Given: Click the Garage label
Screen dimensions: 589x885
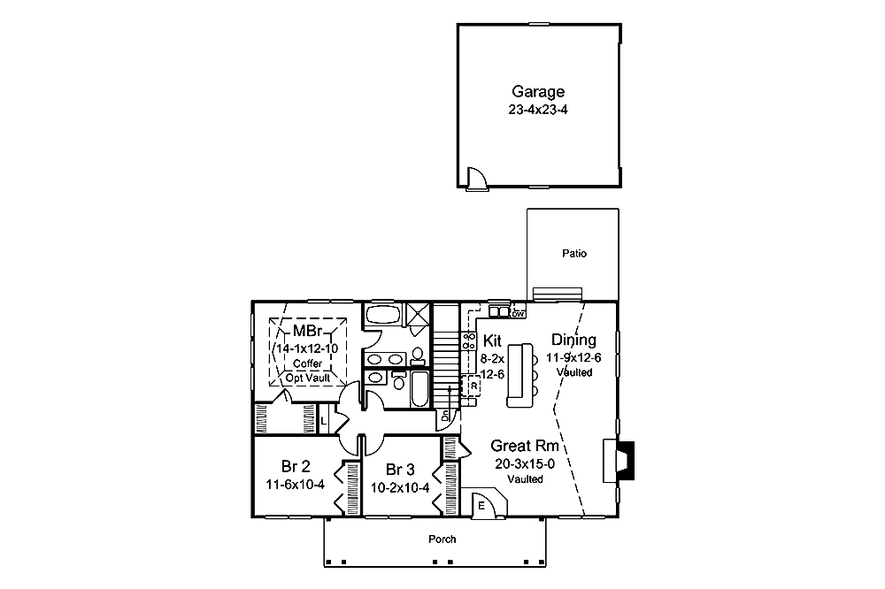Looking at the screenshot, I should click(x=538, y=91).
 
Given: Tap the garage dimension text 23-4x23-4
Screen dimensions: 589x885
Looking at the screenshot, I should click(x=538, y=111).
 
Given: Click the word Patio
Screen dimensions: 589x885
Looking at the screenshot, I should click(x=573, y=254).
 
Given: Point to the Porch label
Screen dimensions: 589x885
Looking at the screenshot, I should click(x=442, y=539).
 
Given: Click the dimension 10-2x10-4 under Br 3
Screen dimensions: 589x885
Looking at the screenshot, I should click(x=400, y=487).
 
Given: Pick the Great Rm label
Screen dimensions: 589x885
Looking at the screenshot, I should click(x=526, y=447).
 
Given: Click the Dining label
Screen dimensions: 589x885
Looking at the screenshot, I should click(x=573, y=340).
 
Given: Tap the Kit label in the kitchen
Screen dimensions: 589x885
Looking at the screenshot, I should click(x=493, y=340).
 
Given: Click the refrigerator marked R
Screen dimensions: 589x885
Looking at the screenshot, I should click(x=473, y=386).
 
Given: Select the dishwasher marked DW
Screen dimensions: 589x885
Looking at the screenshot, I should click(x=519, y=313).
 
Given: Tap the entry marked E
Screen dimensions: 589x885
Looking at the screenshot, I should click(x=482, y=506).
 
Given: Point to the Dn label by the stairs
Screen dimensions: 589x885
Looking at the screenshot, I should click(x=445, y=415).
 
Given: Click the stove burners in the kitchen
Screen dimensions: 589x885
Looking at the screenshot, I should click(x=470, y=340).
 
